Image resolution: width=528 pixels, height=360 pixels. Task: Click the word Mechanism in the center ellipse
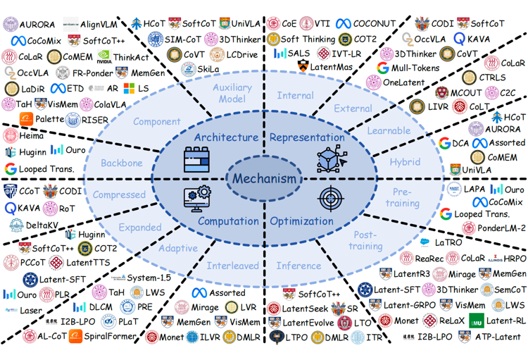pos(264,178)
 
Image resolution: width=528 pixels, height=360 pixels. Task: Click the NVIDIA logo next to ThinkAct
pos(103,57)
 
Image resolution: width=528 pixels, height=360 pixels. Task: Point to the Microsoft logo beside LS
pos(130,89)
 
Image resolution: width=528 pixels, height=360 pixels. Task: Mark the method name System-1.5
pos(148,278)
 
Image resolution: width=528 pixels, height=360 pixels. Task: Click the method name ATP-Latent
pos(496,337)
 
